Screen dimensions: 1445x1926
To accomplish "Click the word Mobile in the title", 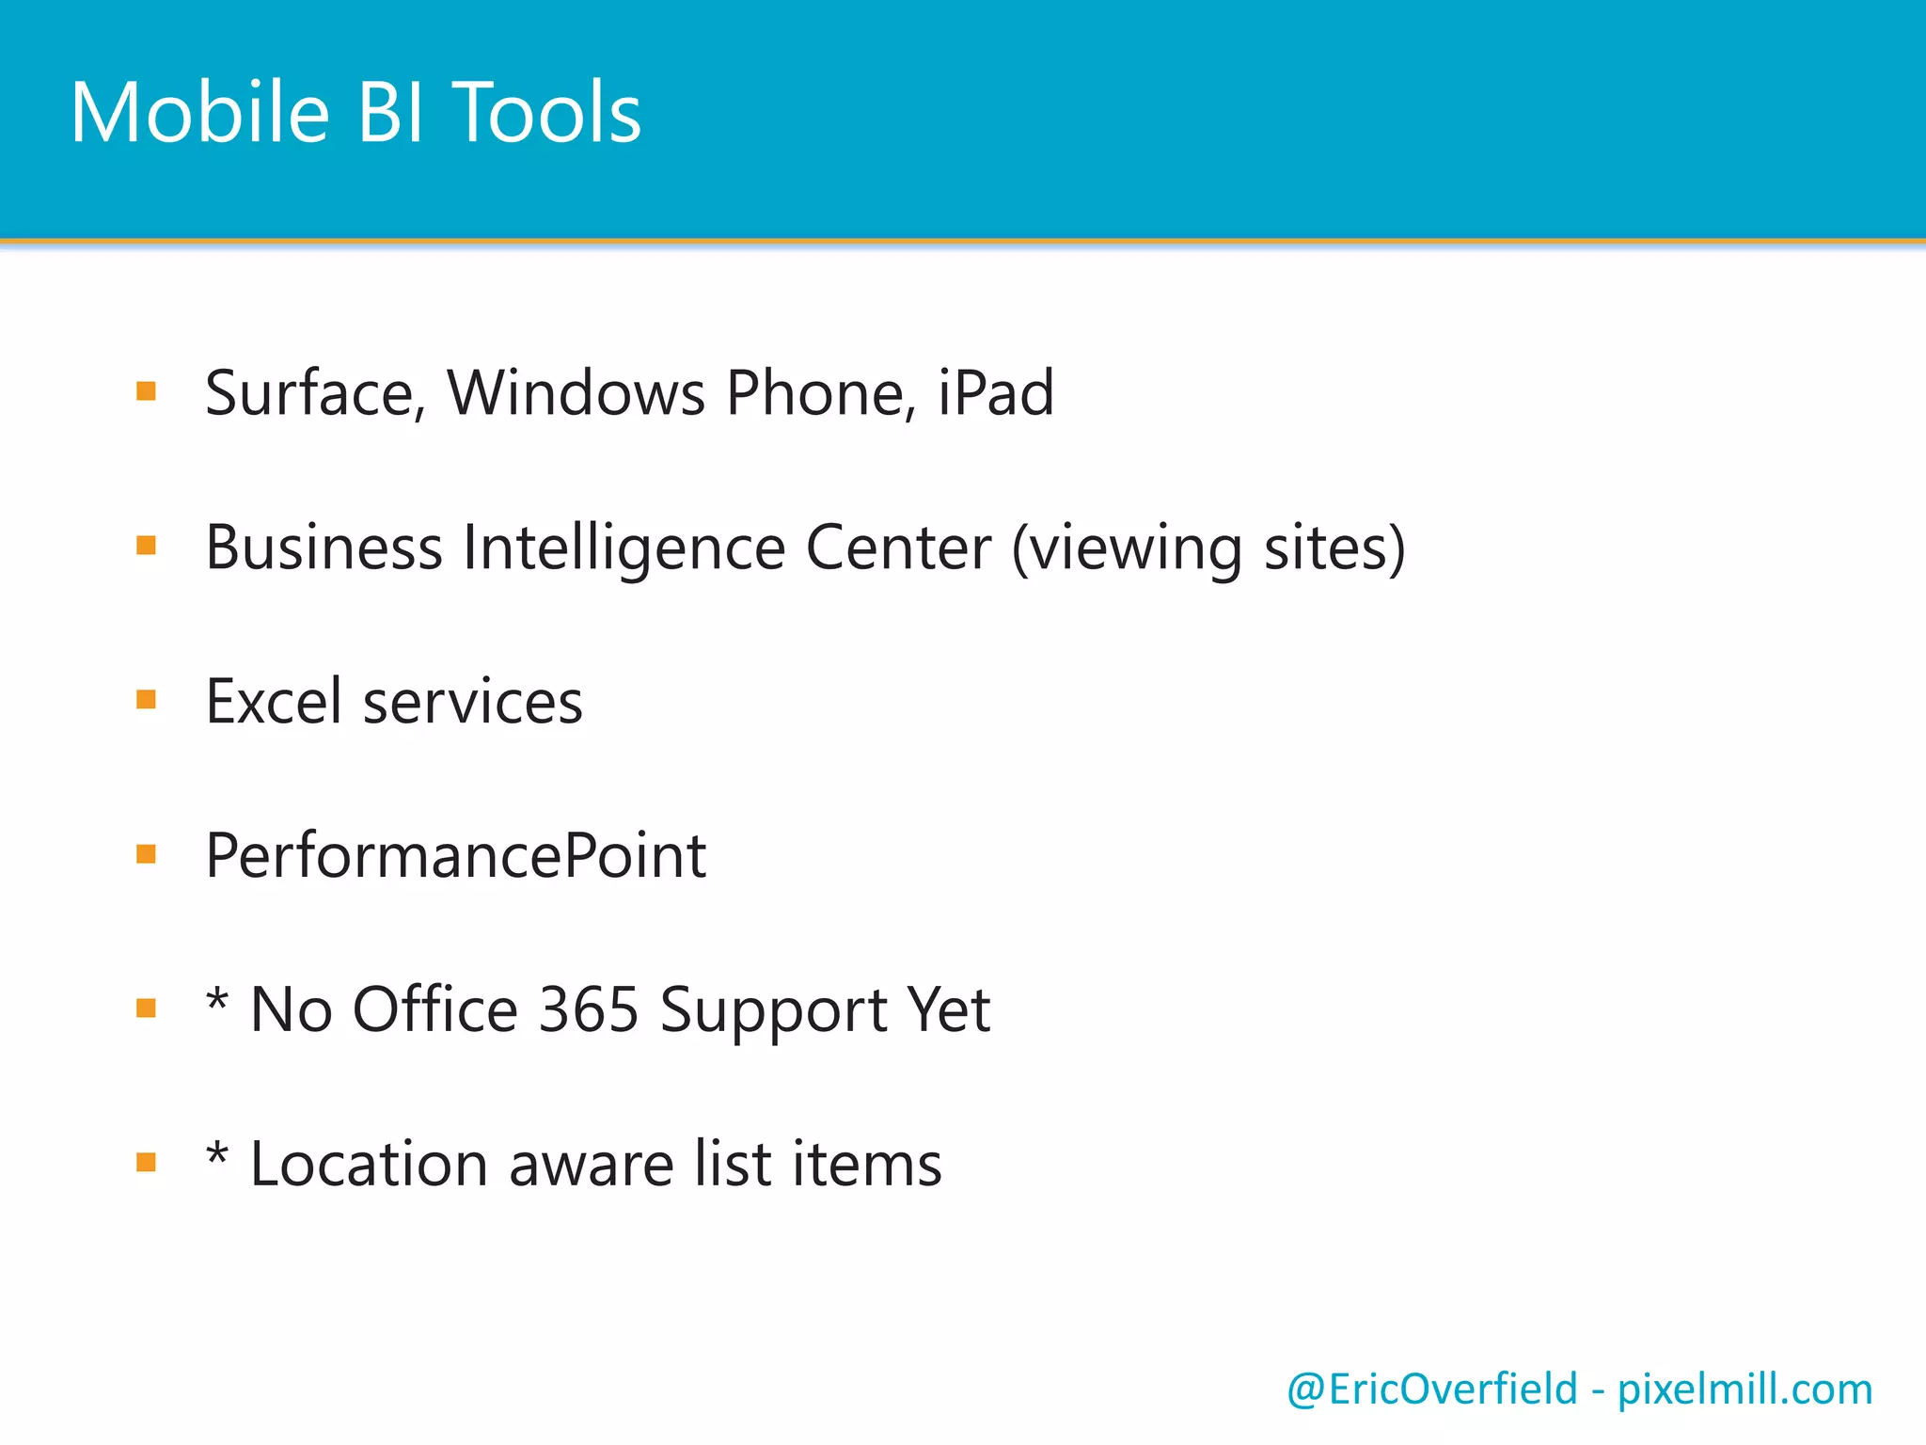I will [x=199, y=113].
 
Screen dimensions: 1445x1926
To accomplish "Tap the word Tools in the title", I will [x=547, y=113].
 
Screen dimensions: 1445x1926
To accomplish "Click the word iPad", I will [x=996, y=393].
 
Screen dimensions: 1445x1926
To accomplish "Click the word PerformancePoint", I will [x=456, y=856].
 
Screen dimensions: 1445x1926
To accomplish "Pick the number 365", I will [x=589, y=1010].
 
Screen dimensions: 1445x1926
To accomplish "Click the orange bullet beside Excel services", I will [x=146, y=699].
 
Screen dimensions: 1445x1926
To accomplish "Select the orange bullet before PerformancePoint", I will [x=146, y=853].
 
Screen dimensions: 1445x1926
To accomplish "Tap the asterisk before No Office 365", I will [x=217, y=999].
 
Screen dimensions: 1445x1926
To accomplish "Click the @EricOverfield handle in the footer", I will [x=1431, y=1389].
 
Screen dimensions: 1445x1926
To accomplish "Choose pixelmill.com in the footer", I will [x=1744, y=1389].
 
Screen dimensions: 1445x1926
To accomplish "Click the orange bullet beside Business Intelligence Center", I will [x=146, y=545].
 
